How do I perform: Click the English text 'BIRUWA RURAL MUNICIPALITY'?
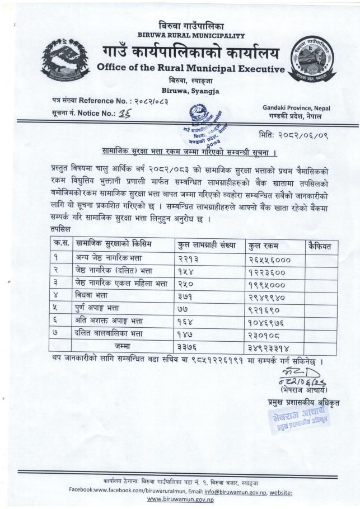(191, 35)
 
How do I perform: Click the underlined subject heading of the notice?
(191, 152)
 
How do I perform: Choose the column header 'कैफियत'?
(320, 245)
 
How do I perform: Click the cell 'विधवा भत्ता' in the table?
(93, 296)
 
